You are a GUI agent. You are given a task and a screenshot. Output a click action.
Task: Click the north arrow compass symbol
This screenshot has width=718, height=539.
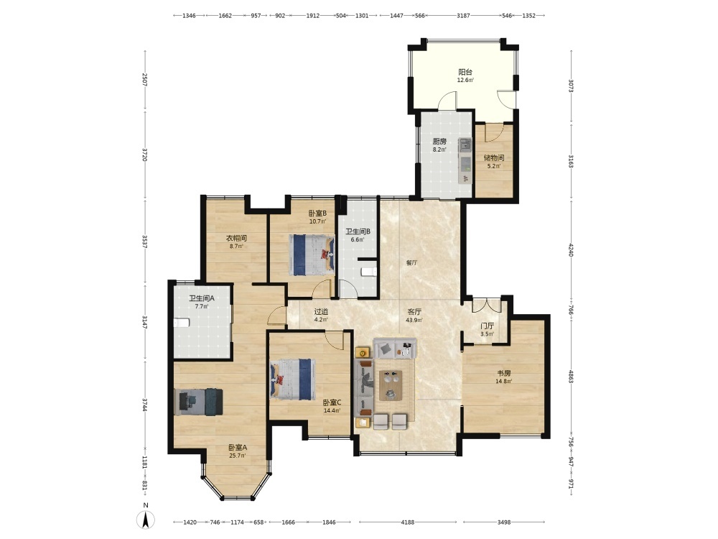(x=146, y=520)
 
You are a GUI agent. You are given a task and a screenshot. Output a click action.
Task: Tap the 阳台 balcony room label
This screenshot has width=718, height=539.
(x=465, y=72)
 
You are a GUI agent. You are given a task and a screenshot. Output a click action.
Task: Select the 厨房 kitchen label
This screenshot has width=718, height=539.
(x=439, y=142)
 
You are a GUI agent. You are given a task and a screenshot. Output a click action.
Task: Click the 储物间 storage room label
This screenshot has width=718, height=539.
(x=494, y=157)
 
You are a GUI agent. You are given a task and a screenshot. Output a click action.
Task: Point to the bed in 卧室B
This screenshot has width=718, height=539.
(x=312, y=255)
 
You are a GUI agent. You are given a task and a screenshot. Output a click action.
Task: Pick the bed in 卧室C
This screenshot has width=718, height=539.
(x=293, y=379)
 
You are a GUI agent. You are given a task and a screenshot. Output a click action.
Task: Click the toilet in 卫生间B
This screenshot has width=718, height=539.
(x=368, y=272)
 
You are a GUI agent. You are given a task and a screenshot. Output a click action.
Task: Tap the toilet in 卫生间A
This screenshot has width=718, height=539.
(x=182, y=323)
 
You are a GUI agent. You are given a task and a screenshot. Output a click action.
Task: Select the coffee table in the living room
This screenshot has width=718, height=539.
(x=391, y=385)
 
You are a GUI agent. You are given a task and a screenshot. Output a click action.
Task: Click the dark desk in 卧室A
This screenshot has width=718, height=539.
(x=199, y=402)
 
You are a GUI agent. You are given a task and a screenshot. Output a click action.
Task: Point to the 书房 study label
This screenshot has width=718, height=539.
(x=504, y=373)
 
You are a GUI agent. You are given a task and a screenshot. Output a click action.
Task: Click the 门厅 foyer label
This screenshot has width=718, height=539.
(x=488, y=326)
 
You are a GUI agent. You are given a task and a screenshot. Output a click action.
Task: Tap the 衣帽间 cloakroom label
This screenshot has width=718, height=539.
(x=236, y=239)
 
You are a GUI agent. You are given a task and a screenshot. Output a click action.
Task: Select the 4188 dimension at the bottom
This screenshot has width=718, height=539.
(x=408, y=522)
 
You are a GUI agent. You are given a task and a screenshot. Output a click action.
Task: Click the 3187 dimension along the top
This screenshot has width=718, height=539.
(x=463, y=16)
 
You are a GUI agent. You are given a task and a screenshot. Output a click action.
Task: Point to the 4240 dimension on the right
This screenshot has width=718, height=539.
(x=571, y=249)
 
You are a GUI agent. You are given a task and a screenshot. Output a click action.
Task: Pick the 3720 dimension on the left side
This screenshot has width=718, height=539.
(x=145, y=155)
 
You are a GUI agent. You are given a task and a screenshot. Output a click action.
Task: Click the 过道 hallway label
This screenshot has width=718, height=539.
(x=321, y=312)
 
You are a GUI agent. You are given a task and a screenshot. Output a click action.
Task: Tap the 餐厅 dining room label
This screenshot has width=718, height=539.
(x=411, y=263)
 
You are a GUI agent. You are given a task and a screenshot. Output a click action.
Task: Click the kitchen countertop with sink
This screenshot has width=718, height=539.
(x=465, y=161)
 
